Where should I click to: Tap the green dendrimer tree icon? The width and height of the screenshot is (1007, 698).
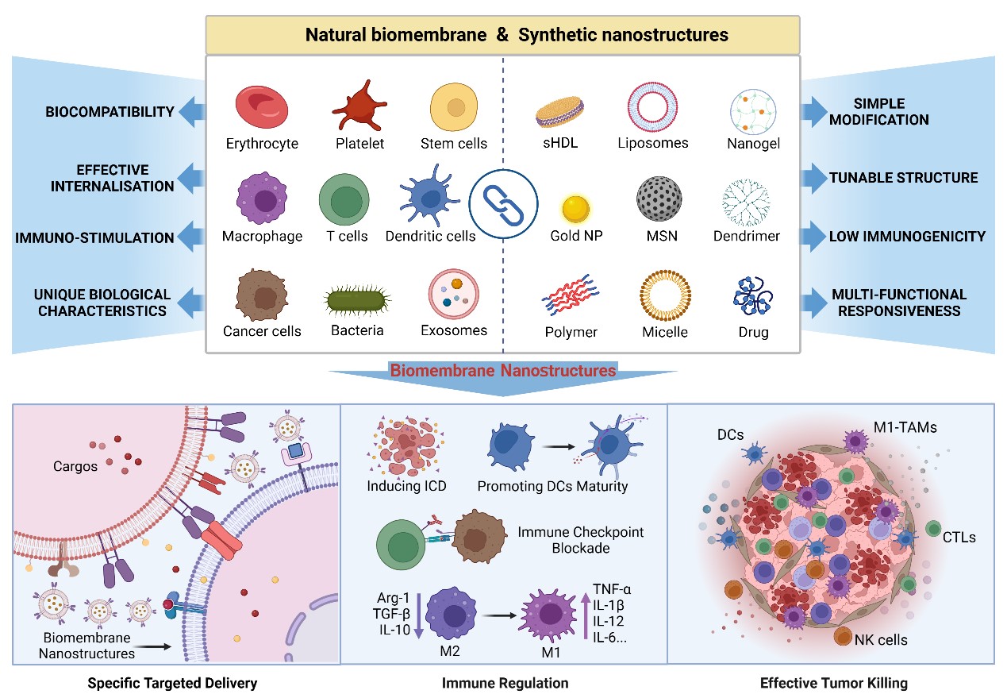(746, 203)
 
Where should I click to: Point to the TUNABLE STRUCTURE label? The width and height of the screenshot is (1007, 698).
(903, 177)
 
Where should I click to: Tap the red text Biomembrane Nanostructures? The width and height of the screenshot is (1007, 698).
(502, 370)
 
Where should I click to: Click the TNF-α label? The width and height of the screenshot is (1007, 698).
(612, 589)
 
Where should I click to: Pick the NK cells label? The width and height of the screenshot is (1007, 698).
(881, 639)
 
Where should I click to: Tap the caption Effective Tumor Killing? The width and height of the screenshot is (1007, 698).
(833, 682)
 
